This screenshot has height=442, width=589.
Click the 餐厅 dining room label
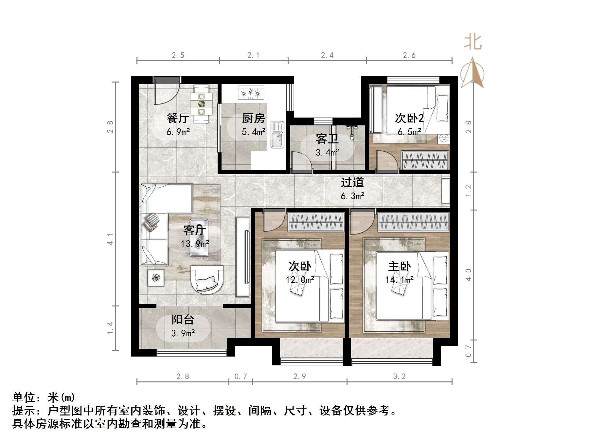pos(178,118)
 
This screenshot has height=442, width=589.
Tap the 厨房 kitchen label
pos(253,118)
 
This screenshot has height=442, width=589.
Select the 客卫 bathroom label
pos(327,139)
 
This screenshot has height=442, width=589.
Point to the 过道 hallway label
pos(352,182)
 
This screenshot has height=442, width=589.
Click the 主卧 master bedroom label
pos(400,266)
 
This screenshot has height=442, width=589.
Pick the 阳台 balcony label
pos(183,319)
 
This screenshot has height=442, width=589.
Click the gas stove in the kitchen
pos(251,93)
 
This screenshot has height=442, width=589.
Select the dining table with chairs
pos(202,104)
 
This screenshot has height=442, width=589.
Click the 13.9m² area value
pos(195,244)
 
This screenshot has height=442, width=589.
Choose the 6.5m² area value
pos(409,132)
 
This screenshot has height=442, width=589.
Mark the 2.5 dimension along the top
pos(178,55)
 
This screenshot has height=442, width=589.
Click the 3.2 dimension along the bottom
pos(399,377)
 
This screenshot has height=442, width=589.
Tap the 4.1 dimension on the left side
pos(111,239)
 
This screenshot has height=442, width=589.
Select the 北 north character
pos(473,43)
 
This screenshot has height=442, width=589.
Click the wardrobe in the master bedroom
pos(414,222)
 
